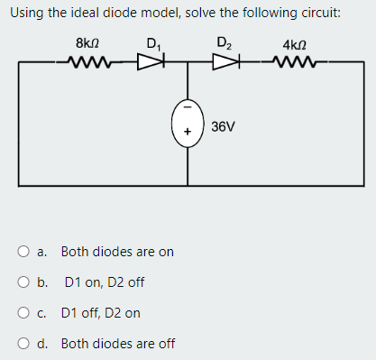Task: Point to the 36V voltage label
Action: pyautogui.click(x=224, y=126)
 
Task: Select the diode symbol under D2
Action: pyautogui.click(x=222, y=64)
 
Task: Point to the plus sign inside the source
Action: pyautogui.click(x=188, y=134)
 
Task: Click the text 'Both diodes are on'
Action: pyautogui.click(x=117, y=252)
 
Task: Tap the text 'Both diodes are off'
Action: pyautogui.click(x=118, y=344)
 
